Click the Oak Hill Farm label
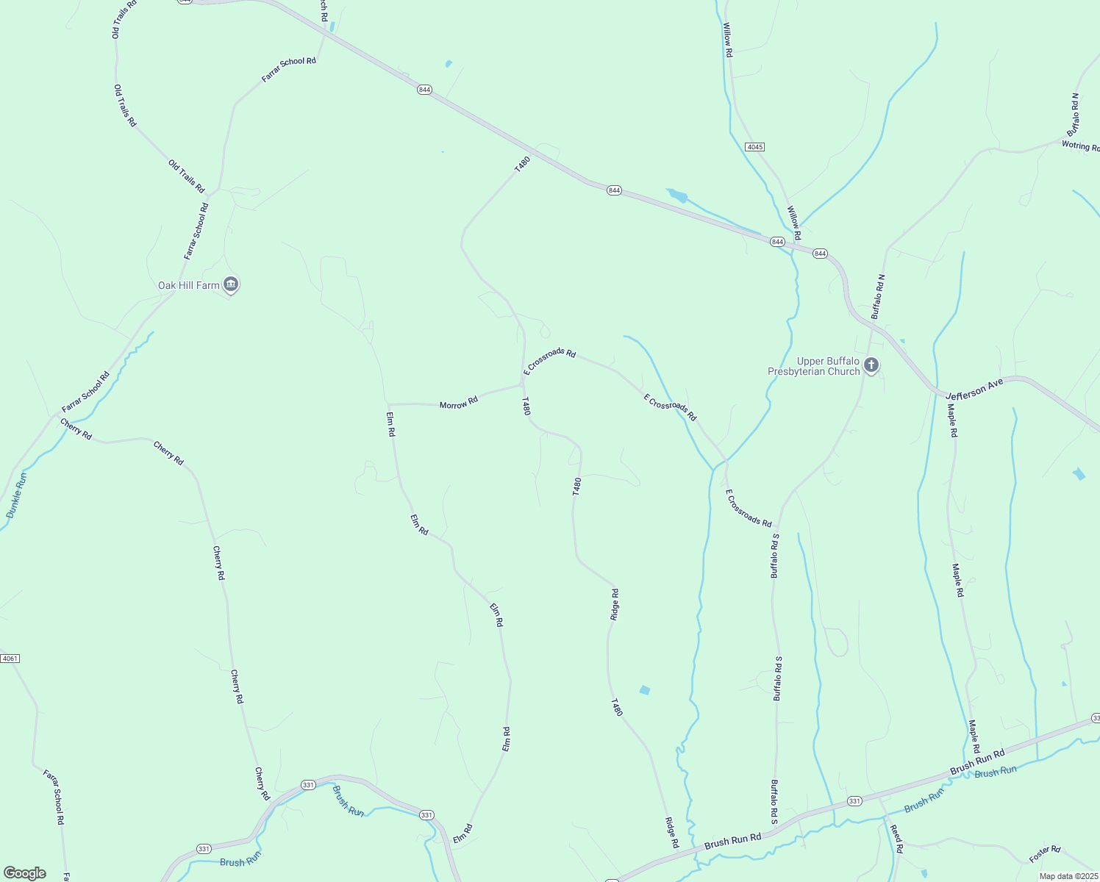(x=189, y=285)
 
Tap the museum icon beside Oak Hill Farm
(x=231, y=284)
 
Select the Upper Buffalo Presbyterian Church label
(x=814, y=366)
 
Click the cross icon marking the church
(x=871, y=365)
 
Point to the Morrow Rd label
(x=459, y=404)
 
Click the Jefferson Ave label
(x=974, y=389)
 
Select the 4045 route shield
(x=754, y=147)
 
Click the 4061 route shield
(x=10, y=658)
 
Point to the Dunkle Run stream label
(x=17, y=495)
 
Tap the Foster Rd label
(x=1045, y=854)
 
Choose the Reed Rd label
(x=896, y=839)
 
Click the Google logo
(x=24, y=873)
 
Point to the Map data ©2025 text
(x=1068, y=876)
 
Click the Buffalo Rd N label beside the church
(x=878, y=296)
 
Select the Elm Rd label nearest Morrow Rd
(x=391, y=423)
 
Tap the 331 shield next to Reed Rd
(x=854, y=800)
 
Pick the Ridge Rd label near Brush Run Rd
(x=672, y=833)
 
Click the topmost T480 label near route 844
(x=522, y=165)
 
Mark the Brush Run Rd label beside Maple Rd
(x=977, y=763)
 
